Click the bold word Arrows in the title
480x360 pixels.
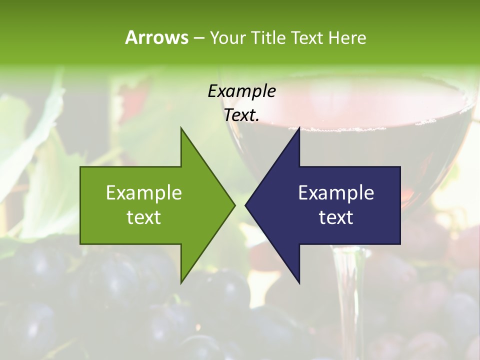pyautogui.click(x=156, y=37)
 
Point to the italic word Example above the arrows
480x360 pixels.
pyautogui.click(x=241, y=91)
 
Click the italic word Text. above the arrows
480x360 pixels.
pyautogui.click(x=241, y=115)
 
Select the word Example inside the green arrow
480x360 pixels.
pyautogui.click(x=144, y=192)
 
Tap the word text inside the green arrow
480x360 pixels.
pyautogui.click(x=144, y=217)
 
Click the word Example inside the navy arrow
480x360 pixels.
pyautogui.click(x=336, y=192)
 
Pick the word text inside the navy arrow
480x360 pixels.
pyautogui.click(x=336, y=217)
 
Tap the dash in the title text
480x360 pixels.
pyautogui.click(x=198, y=38)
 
